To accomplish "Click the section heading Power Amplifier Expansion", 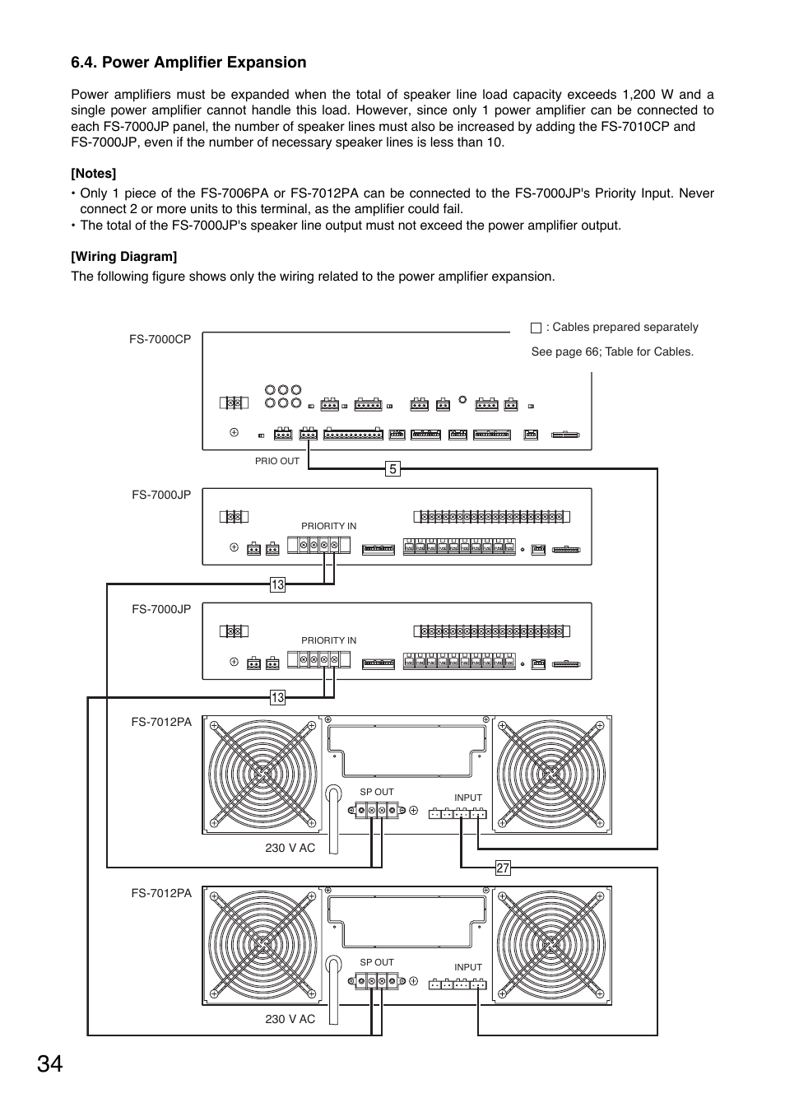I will click(x=188, y=63).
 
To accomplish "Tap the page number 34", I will click(x=49, y=1063).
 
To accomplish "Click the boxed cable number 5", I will click(x=393, y=469).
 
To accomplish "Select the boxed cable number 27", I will click(x=503, y=868).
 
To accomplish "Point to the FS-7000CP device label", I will click(x=160, y=339).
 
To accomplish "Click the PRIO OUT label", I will click(x=277, y=461).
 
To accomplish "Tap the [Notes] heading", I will click(x=93, y=173).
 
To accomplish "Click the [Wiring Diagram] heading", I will click(x=123, y=256).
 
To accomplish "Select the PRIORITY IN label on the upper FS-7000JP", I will click(x=328, y=526).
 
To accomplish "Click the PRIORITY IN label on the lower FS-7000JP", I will click(x=328, y=640).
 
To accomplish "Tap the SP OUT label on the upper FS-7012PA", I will click(x=377, y=792).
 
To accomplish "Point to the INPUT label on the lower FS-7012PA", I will click(x=468, y=968).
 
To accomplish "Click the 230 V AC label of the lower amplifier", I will click(x=290, y=1019).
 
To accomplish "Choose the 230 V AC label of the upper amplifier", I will click(x=290, y=848).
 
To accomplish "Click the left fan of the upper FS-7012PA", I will click(x=262, y=775).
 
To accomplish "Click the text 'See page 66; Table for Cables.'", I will click(x=612, y=351).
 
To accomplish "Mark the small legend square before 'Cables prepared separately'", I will click(x=536, y=328).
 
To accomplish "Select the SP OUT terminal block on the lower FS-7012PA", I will click(x=377, y=981).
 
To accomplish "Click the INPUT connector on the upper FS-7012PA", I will click(x=458, y=814).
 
